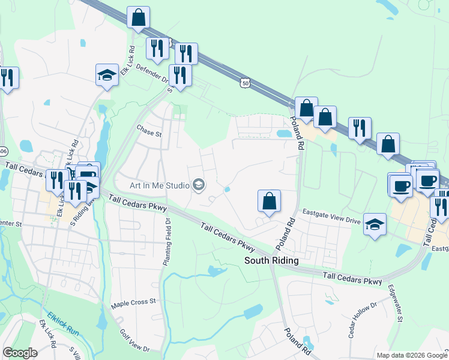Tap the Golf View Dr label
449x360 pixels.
tap(134, 340)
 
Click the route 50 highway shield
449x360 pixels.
tap(244, 82)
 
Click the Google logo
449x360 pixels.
tap(20, 353)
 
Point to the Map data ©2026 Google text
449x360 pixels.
tap(412, 355)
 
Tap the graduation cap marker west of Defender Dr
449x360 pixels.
tap(107, 75)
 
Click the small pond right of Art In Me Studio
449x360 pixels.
tap(227, 190)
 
